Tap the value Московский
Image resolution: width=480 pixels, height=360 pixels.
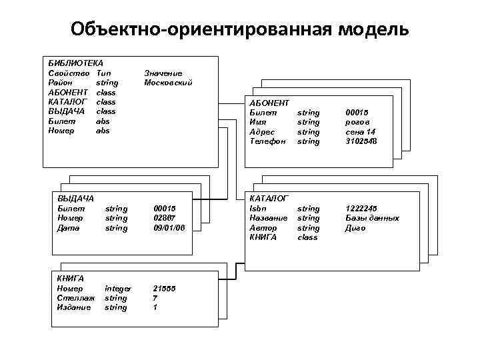pos(168,83)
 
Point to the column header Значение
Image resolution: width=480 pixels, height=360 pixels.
pos(163,73)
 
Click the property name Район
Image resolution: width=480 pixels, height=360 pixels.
pos(61,83)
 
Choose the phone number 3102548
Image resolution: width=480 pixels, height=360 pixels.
pos(361,141)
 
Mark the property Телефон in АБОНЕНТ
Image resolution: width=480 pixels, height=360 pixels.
pos(267,141)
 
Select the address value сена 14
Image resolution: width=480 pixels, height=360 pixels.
pos(360,132)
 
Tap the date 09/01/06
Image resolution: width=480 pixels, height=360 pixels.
pos(169,228)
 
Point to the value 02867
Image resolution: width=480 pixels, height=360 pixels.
pos(164,218)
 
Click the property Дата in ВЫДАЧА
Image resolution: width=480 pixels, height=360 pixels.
pos(69,228)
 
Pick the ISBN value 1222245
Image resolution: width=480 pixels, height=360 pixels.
pos(361,209)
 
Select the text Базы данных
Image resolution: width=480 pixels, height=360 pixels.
pos(372,218)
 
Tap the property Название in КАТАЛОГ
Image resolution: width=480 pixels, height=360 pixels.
pos(268,218)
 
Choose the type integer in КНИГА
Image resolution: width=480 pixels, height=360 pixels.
pos(118,288)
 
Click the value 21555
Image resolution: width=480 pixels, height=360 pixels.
pos(164,288)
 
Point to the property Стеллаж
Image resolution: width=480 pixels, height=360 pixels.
pos(74,298)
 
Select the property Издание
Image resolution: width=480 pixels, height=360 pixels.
pos(74,307)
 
